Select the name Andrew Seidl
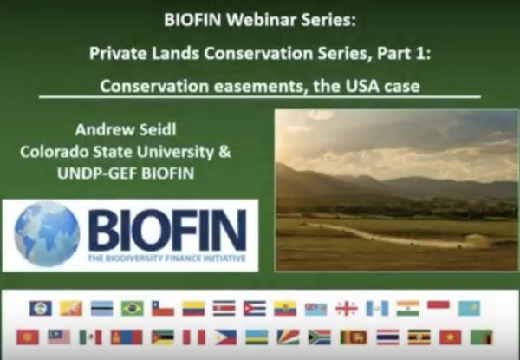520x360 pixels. point(126,129)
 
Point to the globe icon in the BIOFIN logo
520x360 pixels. point(47,234)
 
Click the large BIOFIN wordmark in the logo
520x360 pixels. point(167,230)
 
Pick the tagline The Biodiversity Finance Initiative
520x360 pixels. point(166,259)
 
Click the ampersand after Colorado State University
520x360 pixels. point(224,152)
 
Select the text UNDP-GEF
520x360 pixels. point(97,173)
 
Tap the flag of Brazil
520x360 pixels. point(133,309)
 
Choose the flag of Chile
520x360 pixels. point(163,309)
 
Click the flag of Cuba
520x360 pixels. point(255,309)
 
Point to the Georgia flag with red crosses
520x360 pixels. point(347,309)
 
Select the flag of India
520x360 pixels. point(407,309)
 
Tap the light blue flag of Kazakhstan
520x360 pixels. point(469,309)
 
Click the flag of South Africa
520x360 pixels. point(319,337)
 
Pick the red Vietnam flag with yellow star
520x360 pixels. point(450,337)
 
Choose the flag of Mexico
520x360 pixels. point(90,337)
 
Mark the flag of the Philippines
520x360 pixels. point(225,337)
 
